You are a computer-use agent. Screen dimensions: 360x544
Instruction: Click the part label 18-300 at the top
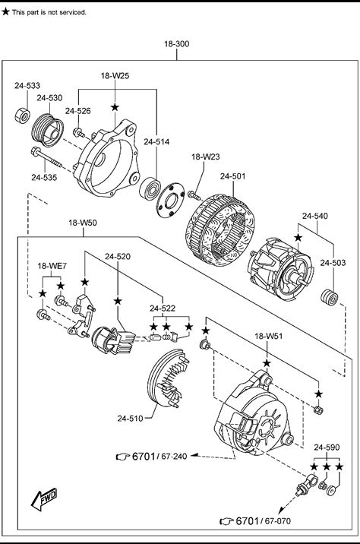click(x=176, y=44)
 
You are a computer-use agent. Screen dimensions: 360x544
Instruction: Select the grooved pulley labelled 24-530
click(x=48, y=130)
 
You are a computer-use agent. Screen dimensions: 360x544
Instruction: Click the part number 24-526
click(x=78, y=111)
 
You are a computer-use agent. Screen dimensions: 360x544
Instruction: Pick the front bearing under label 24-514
click(x=150, y=188)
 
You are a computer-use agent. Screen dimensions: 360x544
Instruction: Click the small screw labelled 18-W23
click(x=194, y=195)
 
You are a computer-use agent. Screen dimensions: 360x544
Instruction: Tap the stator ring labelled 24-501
click(x=220, y=230)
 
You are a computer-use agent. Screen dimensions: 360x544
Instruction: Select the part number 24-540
click(x=315, y=216)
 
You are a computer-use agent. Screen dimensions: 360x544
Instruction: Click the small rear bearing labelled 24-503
click(x=330, y=297)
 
